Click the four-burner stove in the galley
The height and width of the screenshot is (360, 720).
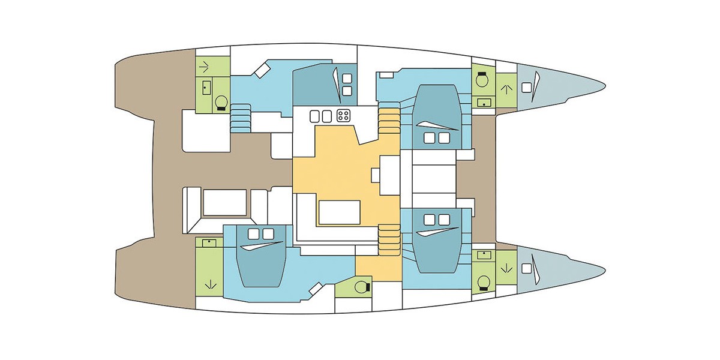pos(344,115)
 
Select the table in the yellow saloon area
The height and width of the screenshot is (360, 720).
pos(340,212)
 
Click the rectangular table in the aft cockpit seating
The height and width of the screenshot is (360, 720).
pos(225,202)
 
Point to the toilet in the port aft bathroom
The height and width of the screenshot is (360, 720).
pos(221,103)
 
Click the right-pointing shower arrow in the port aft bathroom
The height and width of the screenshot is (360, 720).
pos(206,65)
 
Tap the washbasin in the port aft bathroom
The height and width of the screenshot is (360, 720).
pos(206,88)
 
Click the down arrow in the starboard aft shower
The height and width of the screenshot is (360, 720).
pos(209,283)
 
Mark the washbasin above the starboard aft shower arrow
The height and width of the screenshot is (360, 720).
pos(209,243)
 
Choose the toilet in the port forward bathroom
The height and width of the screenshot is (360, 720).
pos(481,79)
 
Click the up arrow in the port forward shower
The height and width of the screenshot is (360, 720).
pos(506,89)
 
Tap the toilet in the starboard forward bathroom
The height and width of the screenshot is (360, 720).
pos(482,281)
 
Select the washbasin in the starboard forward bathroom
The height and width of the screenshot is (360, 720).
pos(483,256)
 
